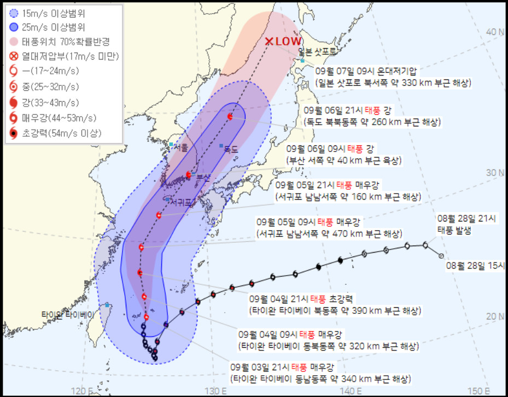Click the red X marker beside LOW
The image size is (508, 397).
[269, 42]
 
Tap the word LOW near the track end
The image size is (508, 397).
[289, 41]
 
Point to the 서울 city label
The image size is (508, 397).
[181, 148]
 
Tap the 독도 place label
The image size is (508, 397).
[232, 149]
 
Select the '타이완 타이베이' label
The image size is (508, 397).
[68, 314]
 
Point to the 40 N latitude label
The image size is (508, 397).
[497, 32]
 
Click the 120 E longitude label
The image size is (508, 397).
[81, 390]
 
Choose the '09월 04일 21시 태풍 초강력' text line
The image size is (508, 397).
[302, 299]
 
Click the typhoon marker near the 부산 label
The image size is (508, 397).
[189, 175]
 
